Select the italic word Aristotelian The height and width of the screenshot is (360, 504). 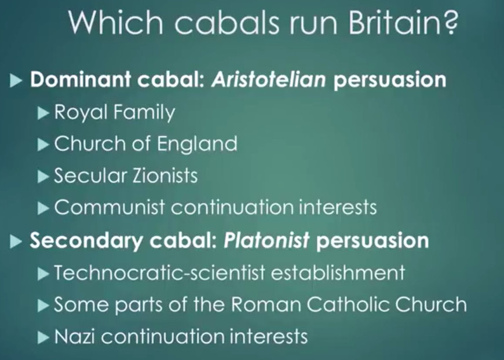pos(269,79)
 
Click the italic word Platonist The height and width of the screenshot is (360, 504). pos(266,240)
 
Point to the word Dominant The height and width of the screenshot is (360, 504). pos(81,79)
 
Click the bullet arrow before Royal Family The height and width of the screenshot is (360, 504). pos(43,113)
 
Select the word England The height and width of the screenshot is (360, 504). pos(197,144)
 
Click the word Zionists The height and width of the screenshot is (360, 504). pos(165,176)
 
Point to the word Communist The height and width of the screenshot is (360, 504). pos(109,207)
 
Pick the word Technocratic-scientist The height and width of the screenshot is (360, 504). pos(159,273)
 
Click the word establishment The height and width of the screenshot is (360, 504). pos(338,273)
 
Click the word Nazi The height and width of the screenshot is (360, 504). pos(75,336)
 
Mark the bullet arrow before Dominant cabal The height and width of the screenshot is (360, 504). pos(16,80)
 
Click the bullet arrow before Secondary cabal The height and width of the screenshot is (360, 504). pos(16,242)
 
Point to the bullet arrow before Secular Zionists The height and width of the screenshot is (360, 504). pos(43,177)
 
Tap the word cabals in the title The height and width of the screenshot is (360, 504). pos(227,23)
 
